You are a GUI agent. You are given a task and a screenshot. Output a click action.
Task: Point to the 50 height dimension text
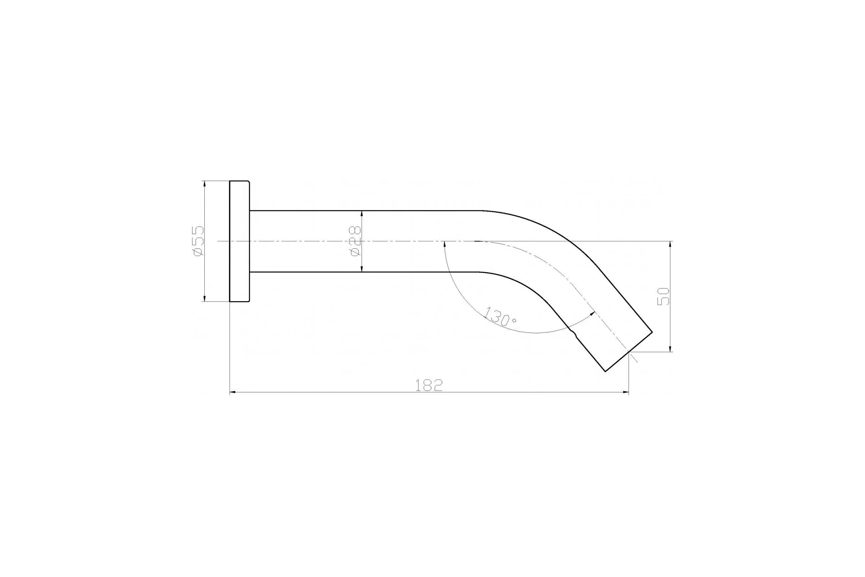[663, 296]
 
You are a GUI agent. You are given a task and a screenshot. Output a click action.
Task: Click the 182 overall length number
[429, 385]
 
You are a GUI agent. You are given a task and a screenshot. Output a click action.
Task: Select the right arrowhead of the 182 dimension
[626, 393]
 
